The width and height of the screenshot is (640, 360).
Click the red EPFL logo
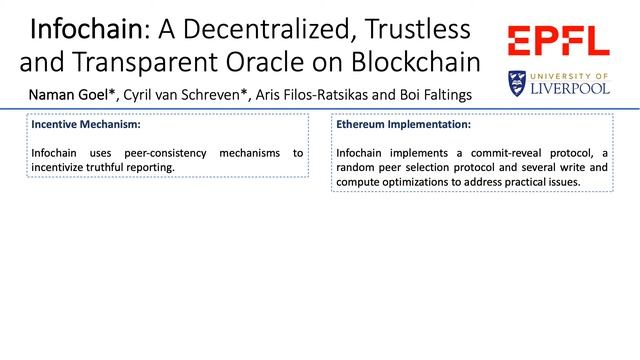(x=558, y=41)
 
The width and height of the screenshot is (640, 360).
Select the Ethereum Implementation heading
(x=403, y=126)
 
